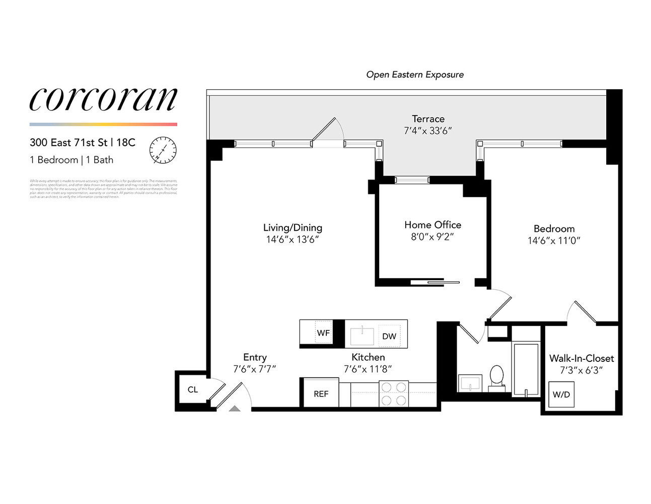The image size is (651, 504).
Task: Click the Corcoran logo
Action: (103, 99)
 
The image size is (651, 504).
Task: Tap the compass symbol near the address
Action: (163, 150)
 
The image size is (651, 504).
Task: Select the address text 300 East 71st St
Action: (68, 143)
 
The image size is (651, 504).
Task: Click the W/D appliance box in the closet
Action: (561, 394)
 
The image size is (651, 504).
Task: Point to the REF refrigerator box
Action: (321, 394)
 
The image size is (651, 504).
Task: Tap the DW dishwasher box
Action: (389, 336)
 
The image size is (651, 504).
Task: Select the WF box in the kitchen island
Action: (323, 333)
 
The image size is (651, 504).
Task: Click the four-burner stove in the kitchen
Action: (393, 394)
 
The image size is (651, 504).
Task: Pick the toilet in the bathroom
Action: (496, 377)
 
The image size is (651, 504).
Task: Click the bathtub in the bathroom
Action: (526, 369)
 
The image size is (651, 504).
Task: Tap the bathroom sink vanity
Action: (470, 383)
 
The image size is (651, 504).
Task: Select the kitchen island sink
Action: (362, 335)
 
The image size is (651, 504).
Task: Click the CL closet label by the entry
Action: (193, 390)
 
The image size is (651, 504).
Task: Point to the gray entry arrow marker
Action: (235, 409)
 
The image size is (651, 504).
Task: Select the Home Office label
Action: (432, 225)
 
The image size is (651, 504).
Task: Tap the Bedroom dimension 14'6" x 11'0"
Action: (554, 241)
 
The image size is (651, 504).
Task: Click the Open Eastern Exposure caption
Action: (415, 75)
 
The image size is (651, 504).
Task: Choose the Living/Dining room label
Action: (293, 228)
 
